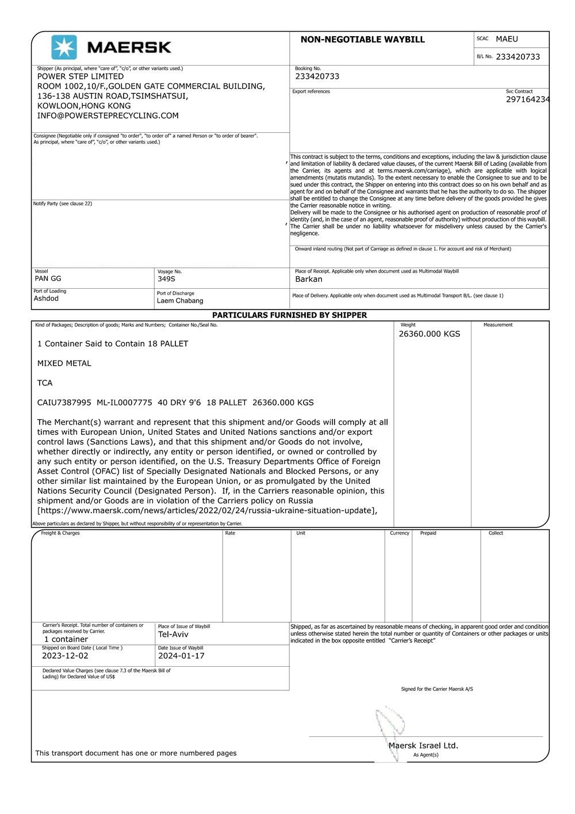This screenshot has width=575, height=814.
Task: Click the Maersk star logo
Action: point(64,47)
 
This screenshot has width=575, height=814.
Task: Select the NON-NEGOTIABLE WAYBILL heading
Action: point(362,40)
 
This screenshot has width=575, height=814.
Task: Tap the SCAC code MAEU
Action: point(507,39)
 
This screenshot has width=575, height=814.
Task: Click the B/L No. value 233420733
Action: point(517,57)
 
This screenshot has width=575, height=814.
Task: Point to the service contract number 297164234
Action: point(527,100)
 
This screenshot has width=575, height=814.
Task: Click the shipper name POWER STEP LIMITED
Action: point(80,77)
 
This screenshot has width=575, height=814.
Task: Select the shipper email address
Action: point(108,116)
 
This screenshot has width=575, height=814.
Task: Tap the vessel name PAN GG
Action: point(48,278)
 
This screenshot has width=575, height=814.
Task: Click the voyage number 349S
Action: point(166,279)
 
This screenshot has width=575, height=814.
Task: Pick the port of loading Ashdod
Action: point(46,299)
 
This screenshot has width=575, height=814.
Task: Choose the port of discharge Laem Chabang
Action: point(180,301)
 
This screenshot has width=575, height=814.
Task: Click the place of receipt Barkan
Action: point(309,280)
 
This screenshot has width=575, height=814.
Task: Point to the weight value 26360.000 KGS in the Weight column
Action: point(429,334)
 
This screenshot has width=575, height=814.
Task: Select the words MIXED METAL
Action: point(64,364)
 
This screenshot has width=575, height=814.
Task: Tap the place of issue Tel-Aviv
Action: point(173,635)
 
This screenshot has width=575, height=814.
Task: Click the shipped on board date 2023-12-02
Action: point(65,656)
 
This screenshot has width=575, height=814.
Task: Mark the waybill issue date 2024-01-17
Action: point(181,656)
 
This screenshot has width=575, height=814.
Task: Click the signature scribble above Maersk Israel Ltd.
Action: point(390,723)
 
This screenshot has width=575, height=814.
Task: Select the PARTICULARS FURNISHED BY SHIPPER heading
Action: point(289,315)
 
